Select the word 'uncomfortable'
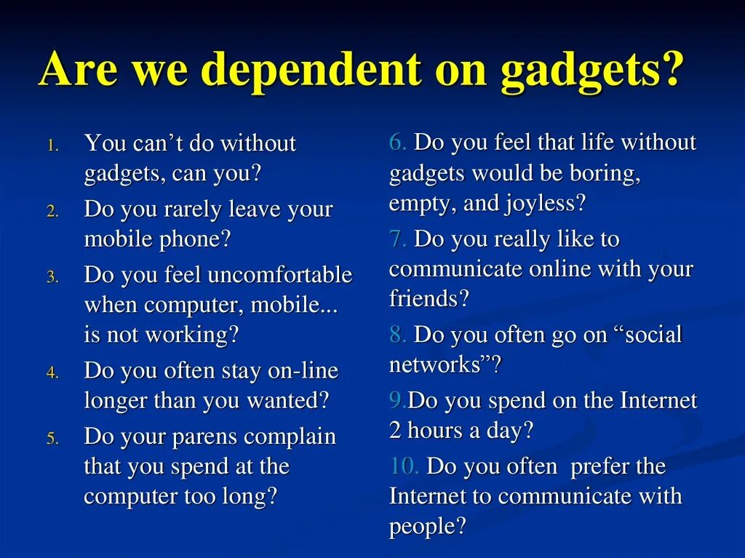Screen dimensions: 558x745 coord(279,275)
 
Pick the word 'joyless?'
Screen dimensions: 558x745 coord(545,203)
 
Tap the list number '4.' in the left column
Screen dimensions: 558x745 coord(52,372)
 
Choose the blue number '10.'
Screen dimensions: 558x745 coord(404,466)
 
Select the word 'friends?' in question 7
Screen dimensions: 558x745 coord(429,298)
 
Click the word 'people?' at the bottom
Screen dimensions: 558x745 coord(427,526)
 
